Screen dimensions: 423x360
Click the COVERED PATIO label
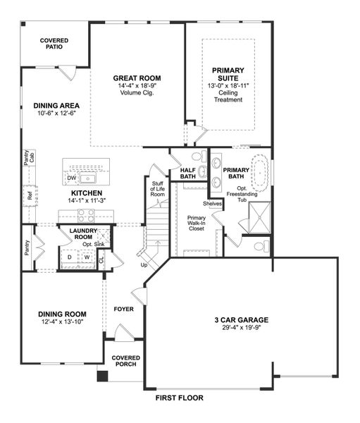click(x=54, y=44)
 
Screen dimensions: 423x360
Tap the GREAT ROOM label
click(x=137, y=78)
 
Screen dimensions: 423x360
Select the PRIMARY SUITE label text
click(x=227, y=75)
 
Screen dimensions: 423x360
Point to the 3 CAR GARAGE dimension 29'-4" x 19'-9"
click(x=242, y=329)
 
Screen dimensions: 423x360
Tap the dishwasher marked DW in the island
click(x=71, y=178)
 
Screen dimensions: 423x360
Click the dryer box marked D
click(x=68, y=257)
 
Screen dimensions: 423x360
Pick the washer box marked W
click(x=87, y=257)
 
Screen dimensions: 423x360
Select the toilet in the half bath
click(x=197, y=156)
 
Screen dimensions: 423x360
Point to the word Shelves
click(x=213, y=204)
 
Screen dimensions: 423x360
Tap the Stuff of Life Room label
click(x=157, y=189)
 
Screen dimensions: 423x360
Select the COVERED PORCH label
click(x=125, y=362)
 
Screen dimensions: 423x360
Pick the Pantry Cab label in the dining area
click(x=27, y=159)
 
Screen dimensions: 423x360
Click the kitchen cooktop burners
click(x=87, y=214)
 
